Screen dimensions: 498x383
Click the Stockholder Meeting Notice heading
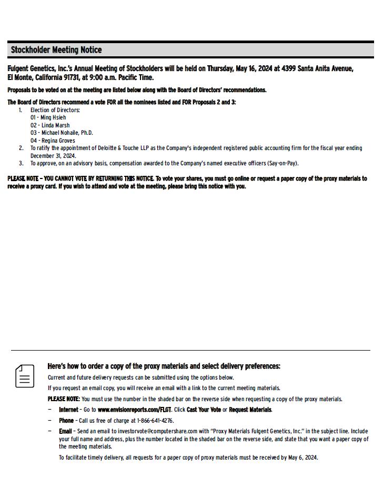56,50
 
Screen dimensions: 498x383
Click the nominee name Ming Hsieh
53,117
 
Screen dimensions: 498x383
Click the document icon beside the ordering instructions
25,376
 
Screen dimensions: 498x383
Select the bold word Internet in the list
68,410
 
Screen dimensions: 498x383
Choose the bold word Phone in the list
66,421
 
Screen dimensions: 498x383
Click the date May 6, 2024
303,457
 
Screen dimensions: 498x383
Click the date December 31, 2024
53,156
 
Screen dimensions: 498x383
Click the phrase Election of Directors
55,110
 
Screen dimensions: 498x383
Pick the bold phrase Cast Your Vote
204,410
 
